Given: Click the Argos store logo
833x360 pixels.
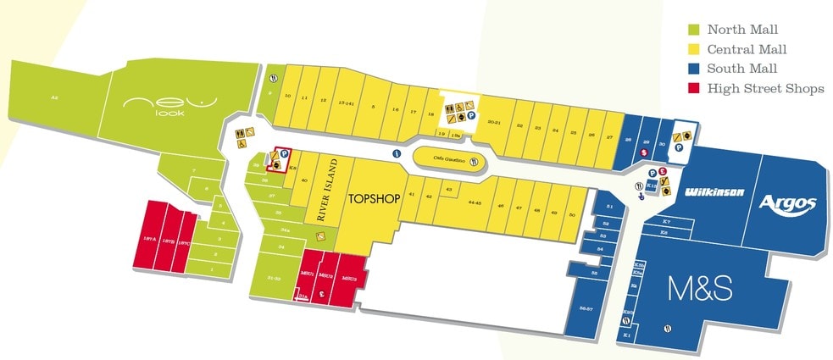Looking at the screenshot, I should click(x=787, y=204).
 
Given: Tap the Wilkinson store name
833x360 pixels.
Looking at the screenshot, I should click(x=714, y=192).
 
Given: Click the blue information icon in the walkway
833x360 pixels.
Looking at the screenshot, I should click(x=397, y=154).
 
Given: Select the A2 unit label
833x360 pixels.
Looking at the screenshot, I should click(x=54, y=99).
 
